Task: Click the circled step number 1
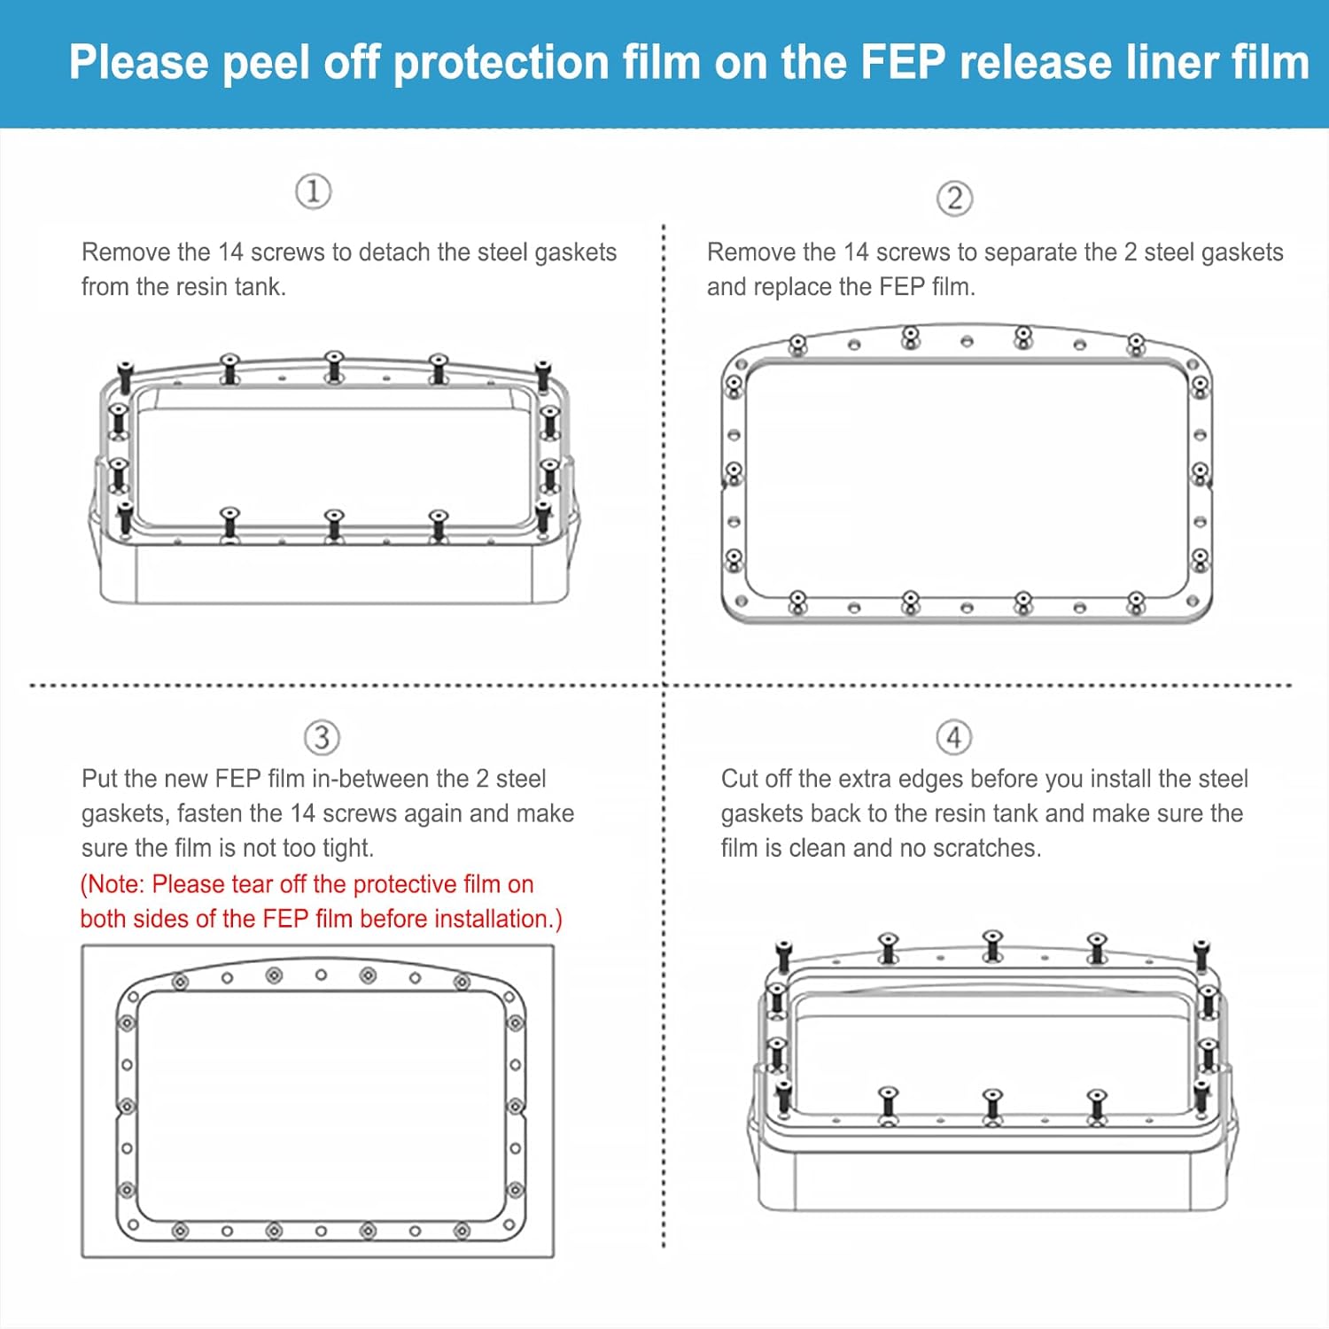tap(313, 191)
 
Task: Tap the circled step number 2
tap(954, 198)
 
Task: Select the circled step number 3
tap(322, 737)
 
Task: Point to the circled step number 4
tap(953, 737)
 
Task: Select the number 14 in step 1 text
tap(230, 253)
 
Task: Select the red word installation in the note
tap(484, 919)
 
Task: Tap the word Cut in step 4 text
tap(740, 779)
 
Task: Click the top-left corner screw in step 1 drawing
tap(125, 376)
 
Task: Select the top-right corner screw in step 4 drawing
tap(1201, 955)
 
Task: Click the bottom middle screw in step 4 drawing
tap(992, 1104)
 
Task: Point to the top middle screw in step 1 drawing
tap(334, 365)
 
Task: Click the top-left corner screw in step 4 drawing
tap(782, 955)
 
